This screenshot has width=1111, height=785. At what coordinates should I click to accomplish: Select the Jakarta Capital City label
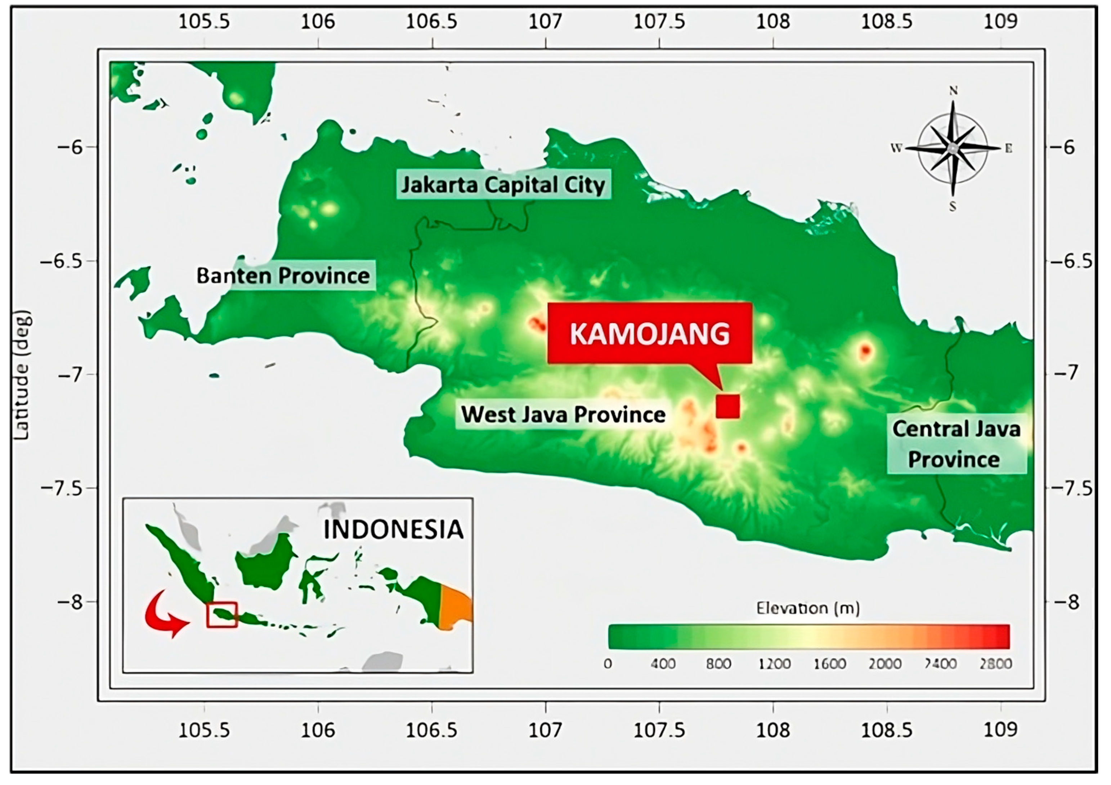pos(503,185)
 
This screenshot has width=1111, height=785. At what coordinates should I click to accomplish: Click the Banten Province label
pos(283,276)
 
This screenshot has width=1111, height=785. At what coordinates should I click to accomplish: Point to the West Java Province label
pos(563,414)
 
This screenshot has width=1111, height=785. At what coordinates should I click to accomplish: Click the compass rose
pos(952,149)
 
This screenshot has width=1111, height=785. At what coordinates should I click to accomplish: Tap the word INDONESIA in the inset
pos(393,529)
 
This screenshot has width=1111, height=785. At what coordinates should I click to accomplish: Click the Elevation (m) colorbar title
pos(808,608)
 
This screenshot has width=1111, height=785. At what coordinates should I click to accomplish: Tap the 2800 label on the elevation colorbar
pos(995,664)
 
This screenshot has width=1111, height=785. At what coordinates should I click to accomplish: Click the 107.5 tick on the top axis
pos(659,22)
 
